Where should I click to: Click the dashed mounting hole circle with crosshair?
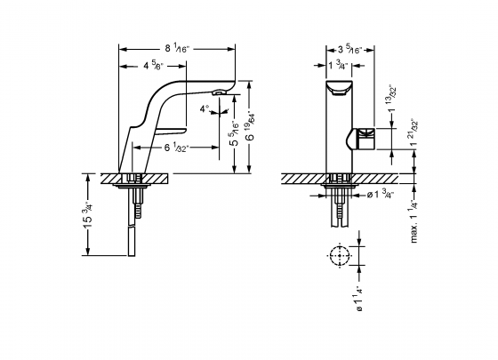(338, 255)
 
